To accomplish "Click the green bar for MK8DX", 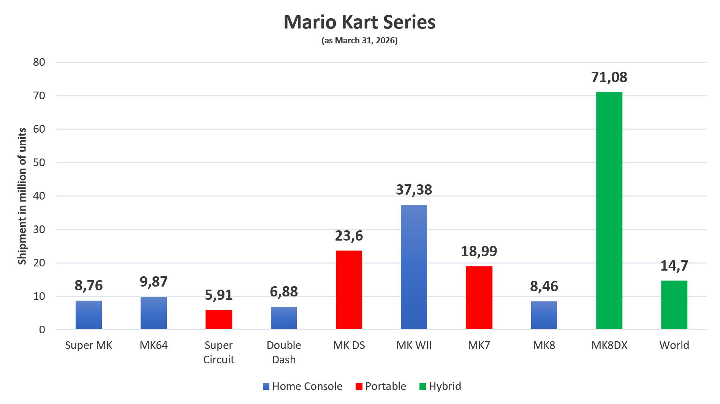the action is coord(609,211).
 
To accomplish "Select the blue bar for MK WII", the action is coord(414,267).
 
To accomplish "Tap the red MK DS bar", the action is coord(349,290).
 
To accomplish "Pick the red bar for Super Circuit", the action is coord(219,319).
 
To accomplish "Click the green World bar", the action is coord(674,305).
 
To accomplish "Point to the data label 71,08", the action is coord(609,77).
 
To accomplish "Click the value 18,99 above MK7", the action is coord(479,251).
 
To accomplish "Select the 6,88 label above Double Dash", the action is coord(284,292).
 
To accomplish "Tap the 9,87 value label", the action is coord(153,282).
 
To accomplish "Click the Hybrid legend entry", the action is coord(440,386).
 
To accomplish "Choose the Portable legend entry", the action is coord(381,386).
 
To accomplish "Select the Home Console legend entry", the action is coord(302,386).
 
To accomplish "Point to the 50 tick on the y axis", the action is coord(39,162).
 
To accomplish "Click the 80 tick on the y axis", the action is coord(39,62).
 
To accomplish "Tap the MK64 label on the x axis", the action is coord(153,345).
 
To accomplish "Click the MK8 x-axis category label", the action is coord(544,345).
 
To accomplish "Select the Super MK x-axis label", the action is coord(89,345).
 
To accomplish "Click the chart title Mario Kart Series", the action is coord(359,22).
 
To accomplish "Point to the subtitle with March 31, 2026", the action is coord(359,40).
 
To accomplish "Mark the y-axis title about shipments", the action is coord(22,196).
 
